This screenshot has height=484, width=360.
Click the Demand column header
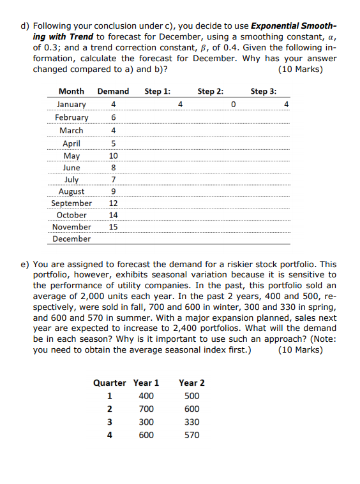(113, 91)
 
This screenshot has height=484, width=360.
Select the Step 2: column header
(211, 91)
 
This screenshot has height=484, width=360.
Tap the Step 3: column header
(264, 91)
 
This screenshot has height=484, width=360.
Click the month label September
(71, 203)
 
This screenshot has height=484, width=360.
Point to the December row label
(71, 238)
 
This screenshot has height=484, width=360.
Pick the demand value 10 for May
(113, 156)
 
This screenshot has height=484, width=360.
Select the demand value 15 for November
(113, 226)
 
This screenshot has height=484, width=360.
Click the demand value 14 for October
(113, 215)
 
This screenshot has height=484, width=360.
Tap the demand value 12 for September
(113, 203)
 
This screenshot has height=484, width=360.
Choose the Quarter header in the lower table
(110, 383)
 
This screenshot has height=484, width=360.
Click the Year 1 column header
(146, 383)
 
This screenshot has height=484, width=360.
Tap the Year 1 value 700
(146, 409)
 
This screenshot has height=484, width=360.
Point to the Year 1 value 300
(146, 422)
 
